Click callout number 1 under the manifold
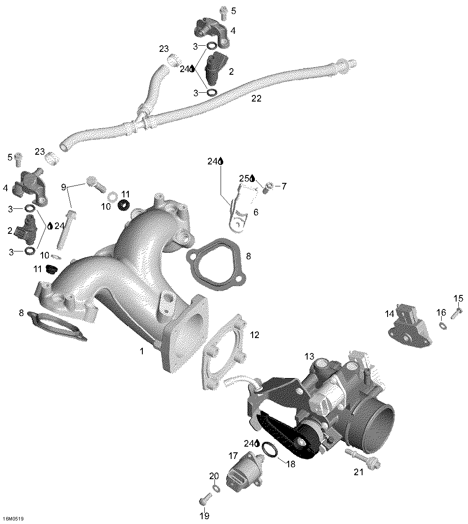point(141,351)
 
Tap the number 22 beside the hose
point(256,98)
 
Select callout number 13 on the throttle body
point(309,356)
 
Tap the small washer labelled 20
point(216,488)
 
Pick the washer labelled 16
point(442,325)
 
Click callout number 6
point(256,212)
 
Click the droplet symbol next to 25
point(253,178)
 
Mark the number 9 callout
point(63,187)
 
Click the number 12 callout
point(254,335)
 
